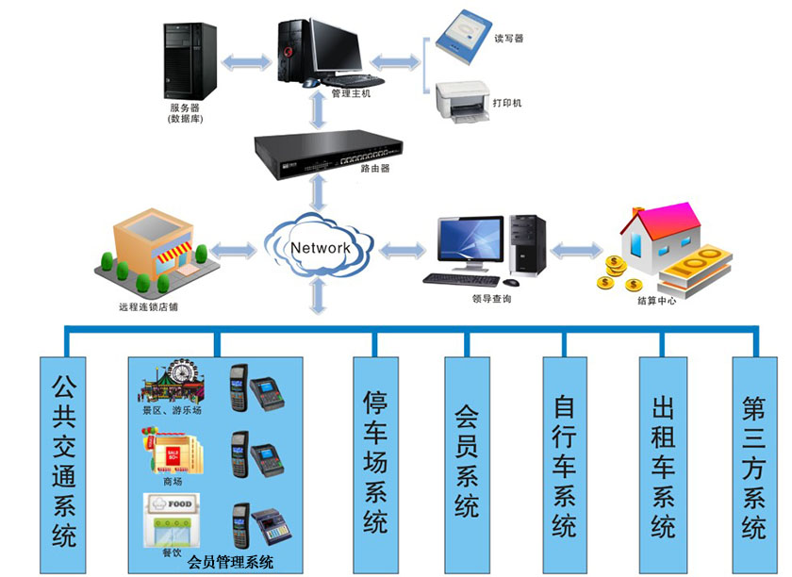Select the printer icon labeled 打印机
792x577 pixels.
[x=462, y=101]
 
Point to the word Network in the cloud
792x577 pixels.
[x=321, y=248]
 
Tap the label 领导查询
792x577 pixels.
[x=491, y=299]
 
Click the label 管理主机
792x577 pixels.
[x=351, y=93]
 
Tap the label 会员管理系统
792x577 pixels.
[x=231, y=563]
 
